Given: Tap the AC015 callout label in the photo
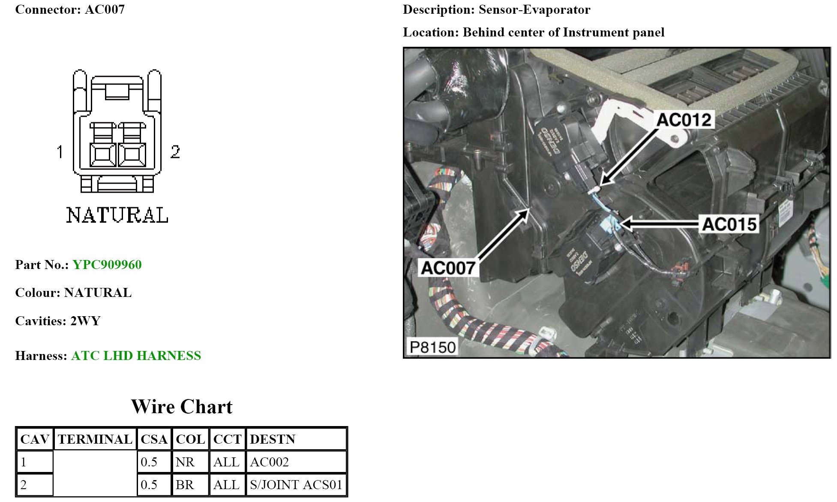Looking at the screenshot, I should coord(729,224).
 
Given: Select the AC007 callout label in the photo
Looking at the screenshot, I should coord(448,268).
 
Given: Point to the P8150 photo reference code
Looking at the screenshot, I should coord(432,347).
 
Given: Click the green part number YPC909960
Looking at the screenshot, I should coord(107,264).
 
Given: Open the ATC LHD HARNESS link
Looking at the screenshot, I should coord(136,355).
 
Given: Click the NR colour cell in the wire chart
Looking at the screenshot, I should coord(185,462).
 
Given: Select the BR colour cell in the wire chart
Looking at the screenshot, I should coord(185,484).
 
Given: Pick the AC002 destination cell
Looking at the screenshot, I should coord(270,462).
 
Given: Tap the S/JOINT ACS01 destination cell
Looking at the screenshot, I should coord(296,484).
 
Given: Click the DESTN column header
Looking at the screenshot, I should coord(273,439).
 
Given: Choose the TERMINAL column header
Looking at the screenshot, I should coord(95,439).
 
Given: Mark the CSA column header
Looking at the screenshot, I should coord(154,439).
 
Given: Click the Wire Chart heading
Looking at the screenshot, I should coord(182,406).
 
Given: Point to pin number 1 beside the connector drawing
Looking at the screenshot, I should coord(60,151).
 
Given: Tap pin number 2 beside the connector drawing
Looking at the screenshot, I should coord(175,151).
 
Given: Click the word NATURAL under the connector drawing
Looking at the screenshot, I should coord(117,215).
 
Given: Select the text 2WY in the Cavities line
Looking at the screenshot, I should coord(85,321).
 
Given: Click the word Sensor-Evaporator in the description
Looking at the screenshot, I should coord(534,9).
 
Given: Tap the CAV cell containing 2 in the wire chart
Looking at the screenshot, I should coord(24,484).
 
